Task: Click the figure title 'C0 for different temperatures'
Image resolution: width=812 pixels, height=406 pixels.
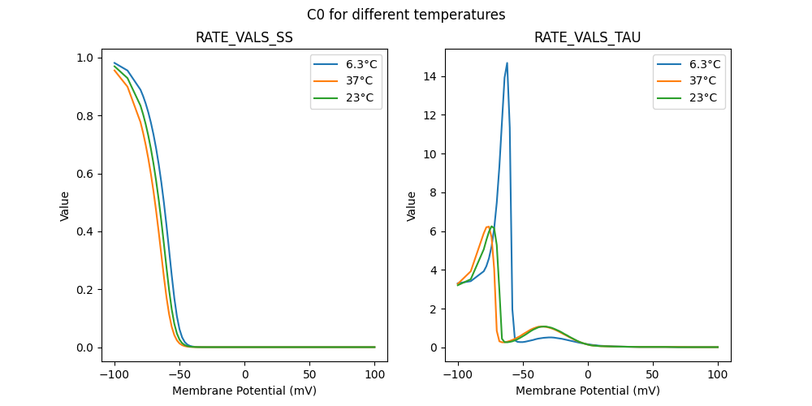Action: tap(406, 15)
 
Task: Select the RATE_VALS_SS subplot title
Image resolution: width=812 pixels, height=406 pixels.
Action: tap(244, 38)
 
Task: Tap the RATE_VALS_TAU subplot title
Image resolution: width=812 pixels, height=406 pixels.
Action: tap(587, 38)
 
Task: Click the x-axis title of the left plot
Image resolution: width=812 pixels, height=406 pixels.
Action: tap(244, 391)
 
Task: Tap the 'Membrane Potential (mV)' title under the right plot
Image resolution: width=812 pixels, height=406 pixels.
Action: tap(587, 391)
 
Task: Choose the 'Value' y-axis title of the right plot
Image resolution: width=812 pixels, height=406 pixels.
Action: tap(412, 206)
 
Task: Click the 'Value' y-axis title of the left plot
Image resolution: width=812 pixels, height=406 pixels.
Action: tap(65, 206)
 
